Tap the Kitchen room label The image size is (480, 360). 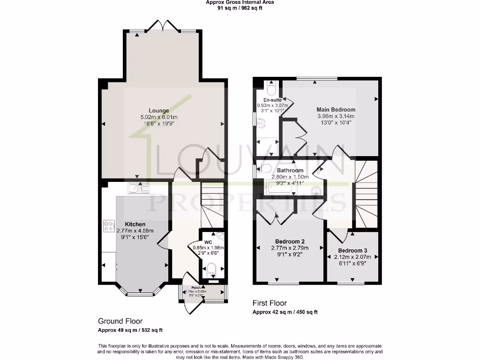click(x=135, y=224)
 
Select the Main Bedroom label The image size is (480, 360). click(x=336, y=110)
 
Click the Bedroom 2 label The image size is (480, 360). click(x=289, y=241)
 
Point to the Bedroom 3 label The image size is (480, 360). click(x=352, y=250)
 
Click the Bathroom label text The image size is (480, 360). click(x=290, y=171)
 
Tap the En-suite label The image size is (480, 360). click(x=272, y=100)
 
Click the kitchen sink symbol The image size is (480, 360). click(x=138, y=188)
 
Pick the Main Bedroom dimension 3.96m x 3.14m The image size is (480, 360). click(x=336, y=116)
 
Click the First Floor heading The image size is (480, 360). click(x=270, y=303)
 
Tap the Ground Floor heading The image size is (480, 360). click(x=120, y=321)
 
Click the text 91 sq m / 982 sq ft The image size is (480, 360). click(x=240, y=7)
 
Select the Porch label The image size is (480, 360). click(x=196, y=287)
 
